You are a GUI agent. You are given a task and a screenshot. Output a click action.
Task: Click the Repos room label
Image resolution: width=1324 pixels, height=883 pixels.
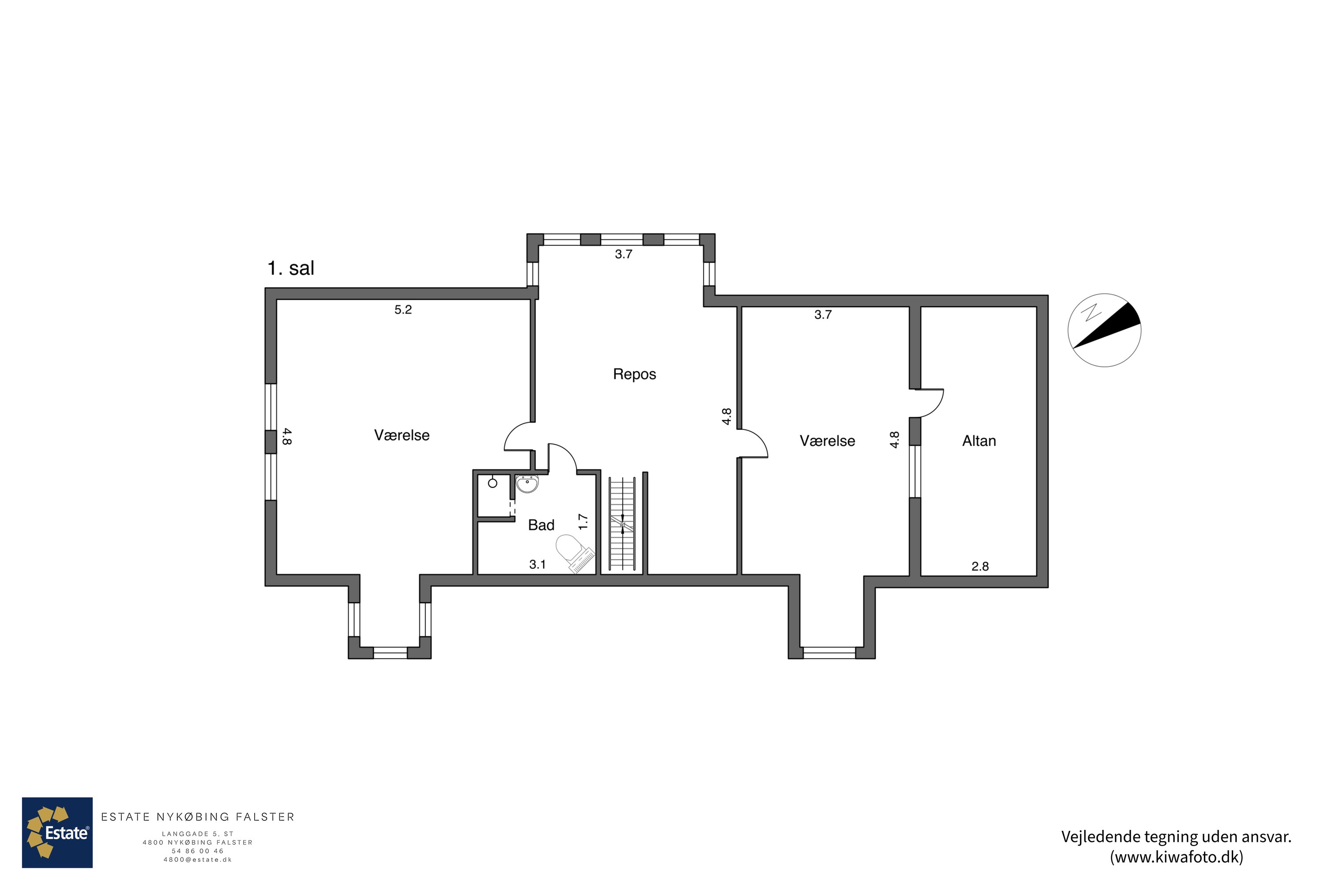tap(635, 374)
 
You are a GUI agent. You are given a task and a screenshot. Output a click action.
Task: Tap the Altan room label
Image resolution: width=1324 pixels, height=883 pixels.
tap(979, 441)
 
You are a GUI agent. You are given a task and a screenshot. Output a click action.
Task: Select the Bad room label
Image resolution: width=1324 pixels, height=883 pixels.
tap(541, 525)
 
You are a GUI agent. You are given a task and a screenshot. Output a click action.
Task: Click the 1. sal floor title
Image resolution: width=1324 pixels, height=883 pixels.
tap(290, 268)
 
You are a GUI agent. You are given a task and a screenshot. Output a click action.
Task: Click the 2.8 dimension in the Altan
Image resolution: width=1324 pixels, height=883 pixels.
tap(980, 566)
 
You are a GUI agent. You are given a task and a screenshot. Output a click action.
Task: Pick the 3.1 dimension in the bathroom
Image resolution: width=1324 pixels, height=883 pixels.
tap(538, 564)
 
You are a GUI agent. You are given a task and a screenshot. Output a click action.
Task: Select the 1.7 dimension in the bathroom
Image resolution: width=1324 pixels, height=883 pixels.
tap(583, 521)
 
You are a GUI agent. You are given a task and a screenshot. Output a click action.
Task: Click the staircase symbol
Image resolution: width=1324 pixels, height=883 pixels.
tap(622, 524)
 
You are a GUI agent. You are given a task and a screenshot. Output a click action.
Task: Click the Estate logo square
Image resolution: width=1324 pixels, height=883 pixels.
tap(57, 832)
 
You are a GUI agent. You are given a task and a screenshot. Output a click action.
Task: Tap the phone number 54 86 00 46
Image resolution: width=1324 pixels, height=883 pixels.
tap(198, 851)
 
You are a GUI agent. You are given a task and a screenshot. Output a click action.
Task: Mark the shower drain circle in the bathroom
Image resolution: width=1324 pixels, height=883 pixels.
tap(493, 483)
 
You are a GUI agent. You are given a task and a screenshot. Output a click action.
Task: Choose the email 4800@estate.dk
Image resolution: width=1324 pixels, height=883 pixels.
tap(198, 859)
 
